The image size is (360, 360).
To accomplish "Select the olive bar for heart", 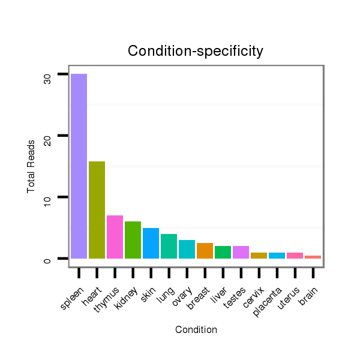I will (x=97, y=210).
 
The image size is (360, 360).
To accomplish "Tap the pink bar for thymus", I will (x=115, y=237).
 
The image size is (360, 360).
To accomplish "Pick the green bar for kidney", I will (x=133, y=240).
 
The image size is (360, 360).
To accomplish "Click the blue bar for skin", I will (x=151, y=244).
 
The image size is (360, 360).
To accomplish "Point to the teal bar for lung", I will (x=169, y=247).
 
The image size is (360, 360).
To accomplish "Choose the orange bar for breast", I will (x=205, y=251).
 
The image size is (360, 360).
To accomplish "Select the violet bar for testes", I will (x=241, y=253).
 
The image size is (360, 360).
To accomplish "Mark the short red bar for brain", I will (x=313, y=257).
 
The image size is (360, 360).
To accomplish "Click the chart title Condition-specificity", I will (x=196, y=52).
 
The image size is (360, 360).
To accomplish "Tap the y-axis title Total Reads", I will (x=31, y=166).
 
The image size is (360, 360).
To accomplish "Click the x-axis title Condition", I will (x=196, y=329).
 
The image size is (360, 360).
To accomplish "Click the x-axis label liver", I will (x=221, y=293).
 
